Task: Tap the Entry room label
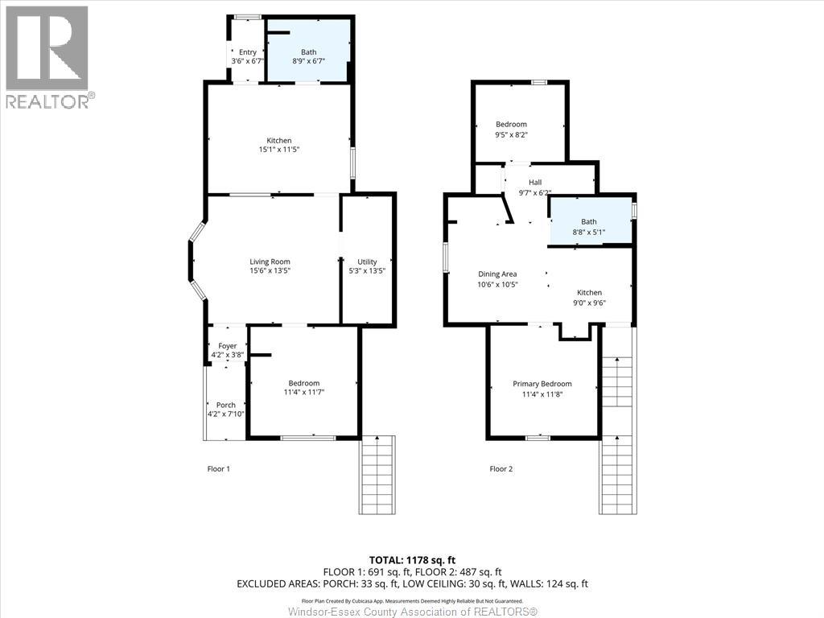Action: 248,52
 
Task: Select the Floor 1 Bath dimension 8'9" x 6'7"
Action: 308,61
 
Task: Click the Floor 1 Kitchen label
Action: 279,140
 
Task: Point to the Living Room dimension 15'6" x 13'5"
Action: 270,270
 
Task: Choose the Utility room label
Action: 367,262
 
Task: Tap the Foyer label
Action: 228,346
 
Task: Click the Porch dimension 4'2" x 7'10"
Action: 226,414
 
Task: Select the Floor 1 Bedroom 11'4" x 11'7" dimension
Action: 303,392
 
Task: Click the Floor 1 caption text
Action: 219,469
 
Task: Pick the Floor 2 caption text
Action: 501,469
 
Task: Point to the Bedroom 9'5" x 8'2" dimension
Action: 511,134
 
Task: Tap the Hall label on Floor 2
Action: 535,183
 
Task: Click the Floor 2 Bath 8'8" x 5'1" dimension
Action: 588,231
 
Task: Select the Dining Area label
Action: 497,274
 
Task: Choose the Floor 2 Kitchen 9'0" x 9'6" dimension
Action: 589,303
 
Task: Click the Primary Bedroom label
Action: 542,384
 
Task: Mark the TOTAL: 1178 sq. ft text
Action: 408,560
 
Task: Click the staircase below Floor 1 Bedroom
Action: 377,475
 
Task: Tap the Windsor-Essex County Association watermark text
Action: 413,612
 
